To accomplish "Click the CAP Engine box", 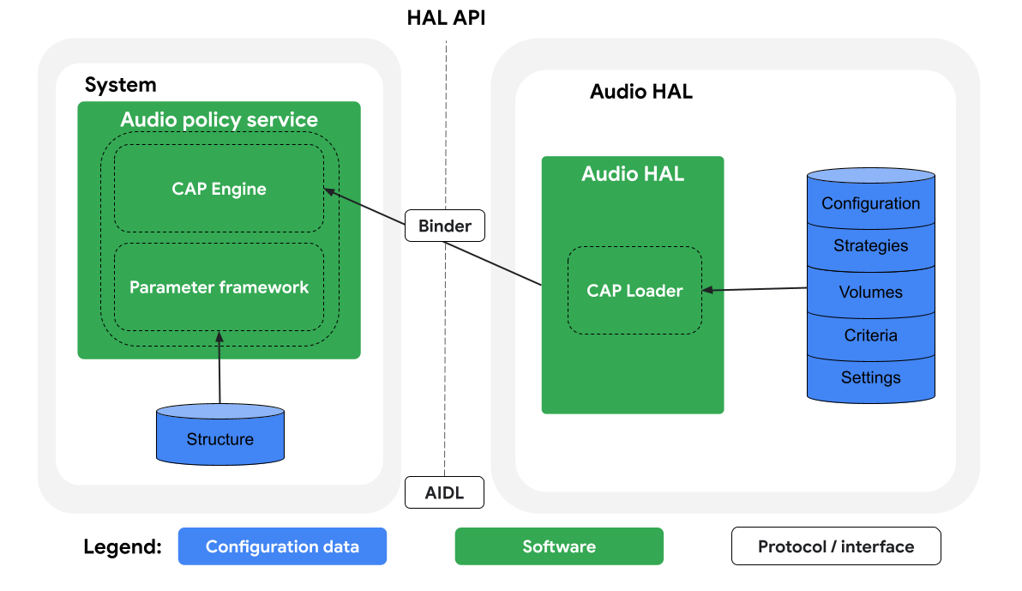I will click(x=219, y=189).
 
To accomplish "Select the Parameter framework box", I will click(x=219, y=287).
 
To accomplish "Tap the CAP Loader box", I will click(x=634, y=291).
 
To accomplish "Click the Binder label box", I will click(x=444, y=226).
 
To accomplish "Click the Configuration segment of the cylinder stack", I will click(x=870, y=203).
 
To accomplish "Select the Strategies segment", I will click(x=870, y=246).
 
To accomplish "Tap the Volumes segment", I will click(x=870, y=292).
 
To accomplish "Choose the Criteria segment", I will click(x=870, y=335).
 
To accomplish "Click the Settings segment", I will click(x=870, y=377).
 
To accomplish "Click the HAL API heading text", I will click(x=446, y=18).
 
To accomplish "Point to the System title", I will click(x=121, y=85).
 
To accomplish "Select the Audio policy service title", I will click(x=219, y=119).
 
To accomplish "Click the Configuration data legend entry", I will click(x=282, y=546).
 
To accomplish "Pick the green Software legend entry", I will click(x=559, y=546).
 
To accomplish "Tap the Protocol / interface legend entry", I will click(x=836, y=546).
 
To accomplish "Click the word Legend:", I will click(x=123, y=547).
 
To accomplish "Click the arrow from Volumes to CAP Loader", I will click(x=754, y=289).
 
